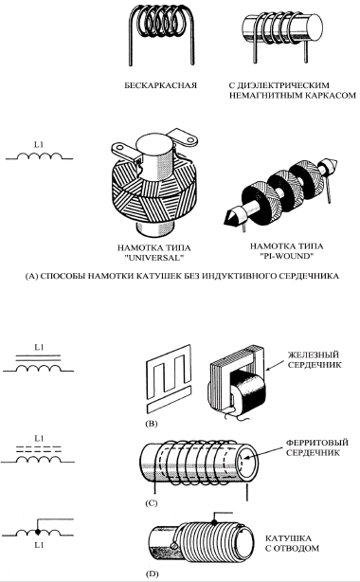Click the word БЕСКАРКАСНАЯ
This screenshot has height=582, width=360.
point(160,85)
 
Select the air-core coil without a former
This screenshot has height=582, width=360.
point(162,35)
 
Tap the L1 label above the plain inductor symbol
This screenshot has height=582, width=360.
point(39,144)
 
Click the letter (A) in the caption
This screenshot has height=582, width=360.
point(31,276)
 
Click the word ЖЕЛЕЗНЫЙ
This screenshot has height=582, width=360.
point(315,355)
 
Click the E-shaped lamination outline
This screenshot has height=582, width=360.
point(169,374)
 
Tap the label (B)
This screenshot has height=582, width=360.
point(152,424)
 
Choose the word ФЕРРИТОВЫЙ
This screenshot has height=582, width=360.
point(317,443)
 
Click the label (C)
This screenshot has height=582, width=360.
point(152,503)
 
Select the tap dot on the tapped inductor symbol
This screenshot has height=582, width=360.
point(38,532)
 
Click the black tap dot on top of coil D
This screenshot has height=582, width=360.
point(214,522)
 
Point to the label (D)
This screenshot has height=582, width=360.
point(152,573)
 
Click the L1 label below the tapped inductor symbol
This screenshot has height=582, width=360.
point(39,545)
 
